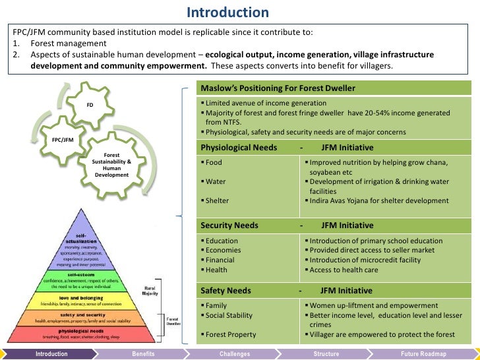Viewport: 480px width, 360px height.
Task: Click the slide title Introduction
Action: [227, 13]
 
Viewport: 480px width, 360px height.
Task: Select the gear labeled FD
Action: [90, 105]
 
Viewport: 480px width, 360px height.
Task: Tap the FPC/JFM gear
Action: [63, 140]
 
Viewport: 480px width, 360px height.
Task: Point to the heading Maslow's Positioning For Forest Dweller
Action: [278, 88]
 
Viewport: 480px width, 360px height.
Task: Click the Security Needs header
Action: [229, 225]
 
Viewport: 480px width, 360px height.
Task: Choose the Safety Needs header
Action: [225, 290]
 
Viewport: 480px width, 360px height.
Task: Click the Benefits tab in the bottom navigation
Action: [143, 354]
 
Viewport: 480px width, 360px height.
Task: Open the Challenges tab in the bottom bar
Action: [235, 354]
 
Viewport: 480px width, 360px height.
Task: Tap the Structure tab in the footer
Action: [326, 354]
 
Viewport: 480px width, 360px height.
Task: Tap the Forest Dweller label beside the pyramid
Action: [173, 321]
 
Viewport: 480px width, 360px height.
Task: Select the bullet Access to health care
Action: [344, 270]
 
